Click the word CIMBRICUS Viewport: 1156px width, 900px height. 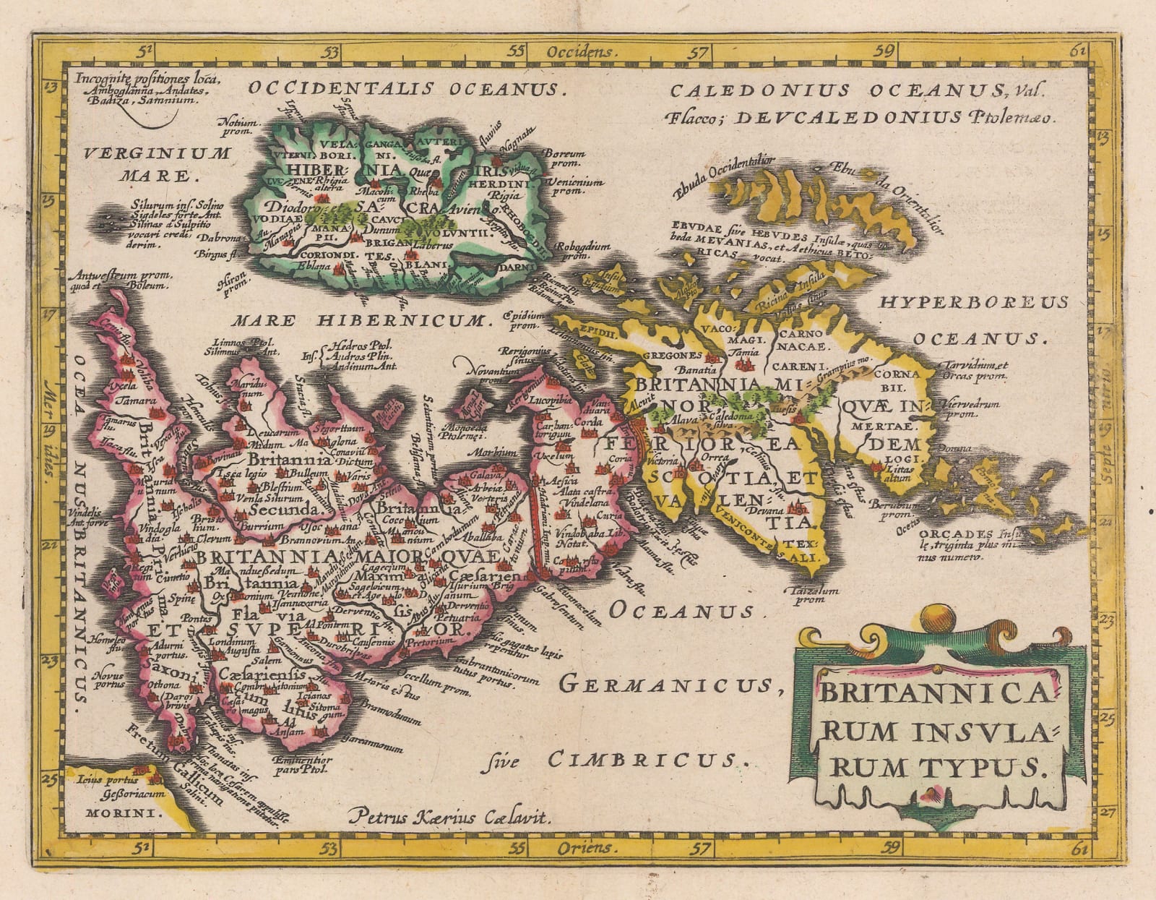click(645, 759)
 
